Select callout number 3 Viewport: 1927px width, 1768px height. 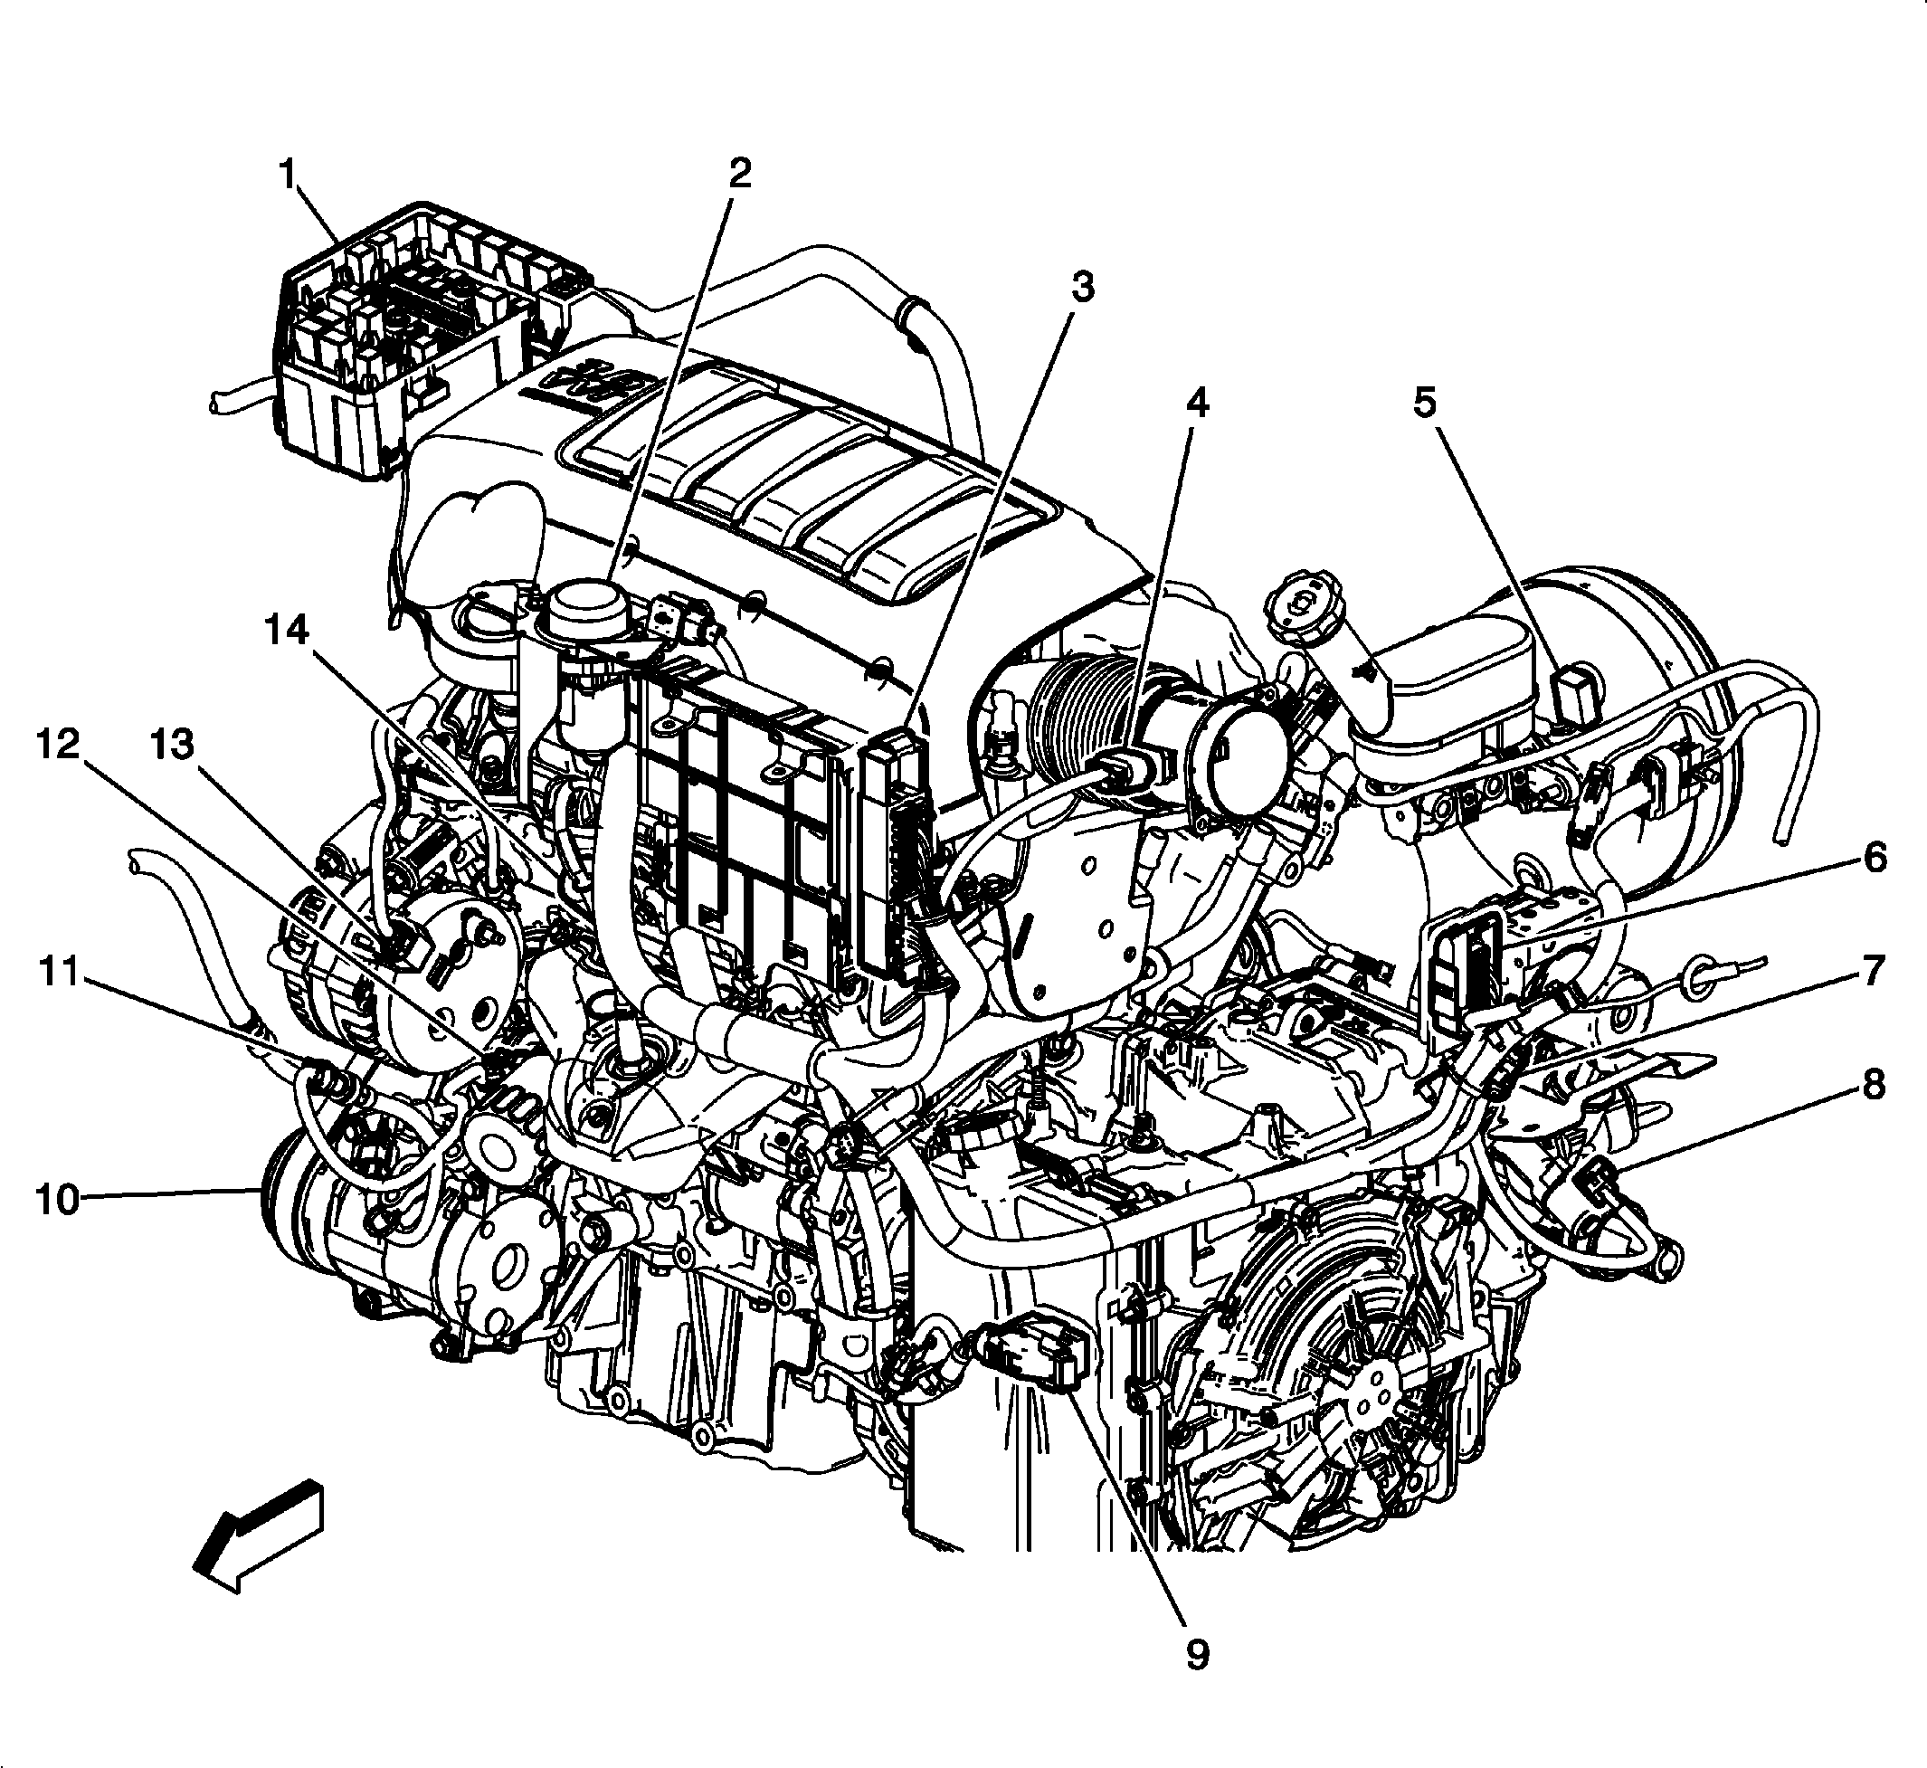click(x=1081, y=287)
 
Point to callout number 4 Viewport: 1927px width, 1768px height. click(x=1197, y=403)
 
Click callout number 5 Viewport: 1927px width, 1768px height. click(x=1425, y=403)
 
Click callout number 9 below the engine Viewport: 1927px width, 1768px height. click(x=1197, y=1653)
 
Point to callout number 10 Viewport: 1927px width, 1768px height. click(x=57, y=1199)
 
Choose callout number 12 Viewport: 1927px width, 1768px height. click(x=57, y=745)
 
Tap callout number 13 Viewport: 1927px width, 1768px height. click(x=173, y=745)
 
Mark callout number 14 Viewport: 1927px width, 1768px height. click(x=288, y=631)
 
